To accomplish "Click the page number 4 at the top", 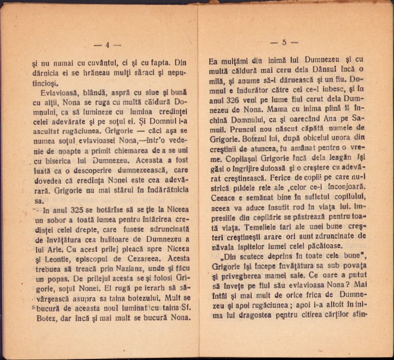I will pos(108,45).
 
